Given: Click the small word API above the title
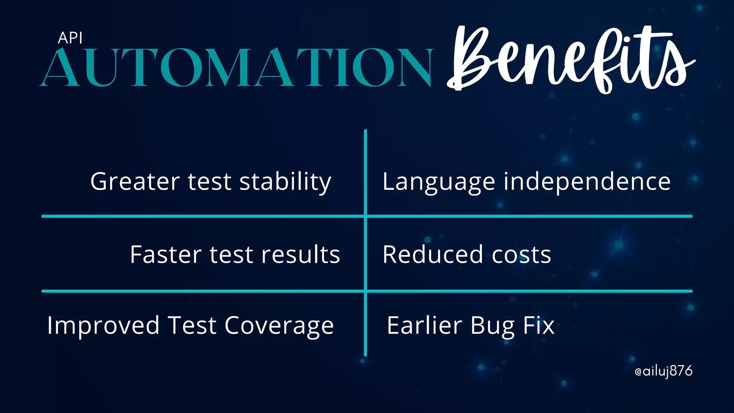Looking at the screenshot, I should tap(70, 38).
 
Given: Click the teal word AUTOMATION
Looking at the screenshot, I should tap(237, 68).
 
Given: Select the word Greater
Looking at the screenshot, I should tap(135, 181).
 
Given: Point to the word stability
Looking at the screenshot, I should tap(285, 182).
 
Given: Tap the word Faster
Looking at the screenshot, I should tap(166, 255).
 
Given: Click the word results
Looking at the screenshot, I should tap(300, 255).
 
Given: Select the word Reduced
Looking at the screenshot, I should tap(433, 255).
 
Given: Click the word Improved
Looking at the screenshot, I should tap(103, 326).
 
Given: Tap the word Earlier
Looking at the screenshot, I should tap(424, 326).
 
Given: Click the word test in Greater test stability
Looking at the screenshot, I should tap(209, 182).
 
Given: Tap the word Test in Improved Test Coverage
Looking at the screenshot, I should tap(192, 326).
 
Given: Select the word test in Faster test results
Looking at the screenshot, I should tap(231, 255).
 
